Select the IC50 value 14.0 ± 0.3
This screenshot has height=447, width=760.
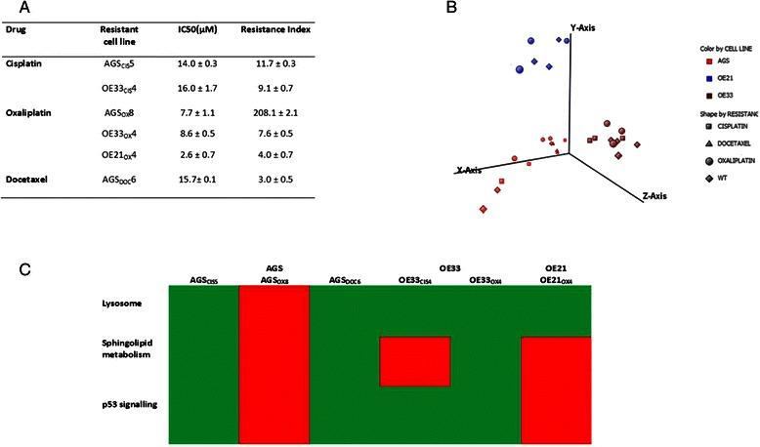tap(196, 67)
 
